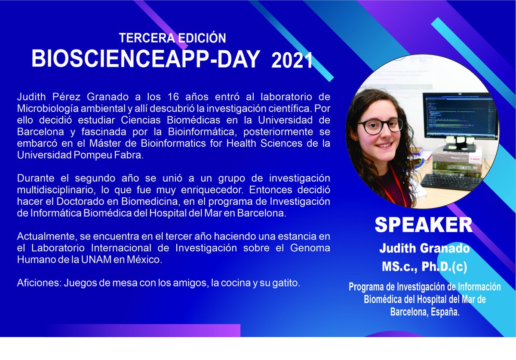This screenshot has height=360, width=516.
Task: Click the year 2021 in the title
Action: (292, 62)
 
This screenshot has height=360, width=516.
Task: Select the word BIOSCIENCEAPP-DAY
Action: (145, 59)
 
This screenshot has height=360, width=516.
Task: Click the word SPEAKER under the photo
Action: (424, 225)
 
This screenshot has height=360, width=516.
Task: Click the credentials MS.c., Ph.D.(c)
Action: (424, 267)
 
